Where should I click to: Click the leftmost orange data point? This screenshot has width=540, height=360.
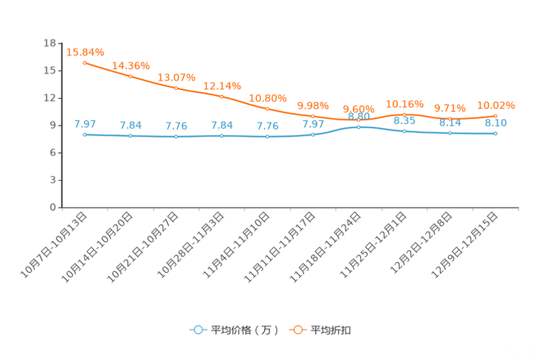coord(85,63)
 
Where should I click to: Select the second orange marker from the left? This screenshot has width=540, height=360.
coord(131,75)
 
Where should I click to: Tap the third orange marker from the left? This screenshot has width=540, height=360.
coord(176,87)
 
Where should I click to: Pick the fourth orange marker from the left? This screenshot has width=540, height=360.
coord(222,97)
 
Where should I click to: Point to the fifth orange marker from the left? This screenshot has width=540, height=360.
coord(268,109)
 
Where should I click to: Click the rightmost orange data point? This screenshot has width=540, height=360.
coord(496,116)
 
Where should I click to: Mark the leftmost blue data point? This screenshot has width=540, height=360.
coord(85,134)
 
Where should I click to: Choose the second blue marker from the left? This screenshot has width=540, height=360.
coord(131,136)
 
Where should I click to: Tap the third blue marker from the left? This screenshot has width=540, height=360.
coord(176,136)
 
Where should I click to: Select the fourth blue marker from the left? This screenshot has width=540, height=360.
coord(222,136)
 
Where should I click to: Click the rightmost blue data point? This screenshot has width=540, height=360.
coord(496,134)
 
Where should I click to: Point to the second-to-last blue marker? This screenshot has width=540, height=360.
coord(450,133)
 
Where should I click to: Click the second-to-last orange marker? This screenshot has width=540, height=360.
coord(450,118)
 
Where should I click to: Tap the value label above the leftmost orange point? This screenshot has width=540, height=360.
coord(86,52)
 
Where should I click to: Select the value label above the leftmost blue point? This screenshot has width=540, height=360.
coord(85,123)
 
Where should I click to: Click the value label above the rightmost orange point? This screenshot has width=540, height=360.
coord(496,106)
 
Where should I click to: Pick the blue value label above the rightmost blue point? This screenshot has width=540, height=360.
coord(496,123)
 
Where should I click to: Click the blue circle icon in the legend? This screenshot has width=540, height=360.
coord(198,330)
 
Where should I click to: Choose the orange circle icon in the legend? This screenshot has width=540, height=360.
coord(298,330)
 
